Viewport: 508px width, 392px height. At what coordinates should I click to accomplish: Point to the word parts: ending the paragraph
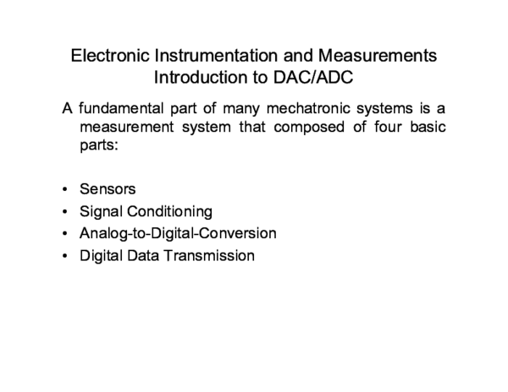coord(97,147)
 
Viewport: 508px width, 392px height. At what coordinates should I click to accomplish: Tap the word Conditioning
coord(165,210)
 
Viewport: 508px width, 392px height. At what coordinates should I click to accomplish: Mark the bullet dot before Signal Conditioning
coord(65,210)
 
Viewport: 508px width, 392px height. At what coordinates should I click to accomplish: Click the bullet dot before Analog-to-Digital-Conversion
coord(65,232)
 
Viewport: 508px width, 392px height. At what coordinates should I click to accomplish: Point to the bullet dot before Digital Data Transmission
coord(65,254)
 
